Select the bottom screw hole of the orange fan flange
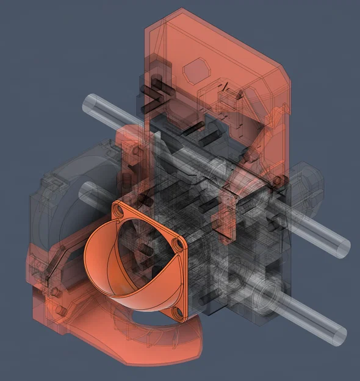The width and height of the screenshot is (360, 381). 176,313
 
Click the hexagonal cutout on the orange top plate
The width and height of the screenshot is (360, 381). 196,71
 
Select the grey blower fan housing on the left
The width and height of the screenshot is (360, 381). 61,183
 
